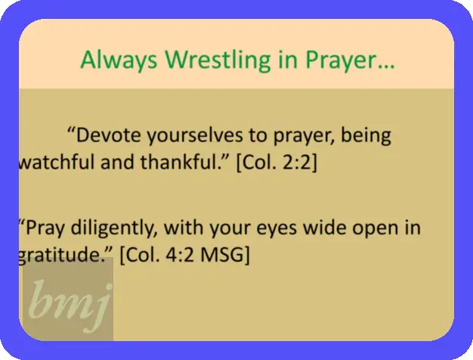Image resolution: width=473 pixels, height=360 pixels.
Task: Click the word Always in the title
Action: (119, 60)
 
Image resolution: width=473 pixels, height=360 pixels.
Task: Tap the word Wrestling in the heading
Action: (218, 60)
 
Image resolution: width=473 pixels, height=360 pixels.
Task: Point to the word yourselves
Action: (195, 135)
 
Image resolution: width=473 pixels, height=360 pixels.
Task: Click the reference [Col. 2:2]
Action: (277, 163)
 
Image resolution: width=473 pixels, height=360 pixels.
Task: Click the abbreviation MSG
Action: (225, 255)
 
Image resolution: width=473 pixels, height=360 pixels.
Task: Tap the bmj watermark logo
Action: (68, 299)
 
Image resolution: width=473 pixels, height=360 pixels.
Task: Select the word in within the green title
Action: (288, 60)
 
